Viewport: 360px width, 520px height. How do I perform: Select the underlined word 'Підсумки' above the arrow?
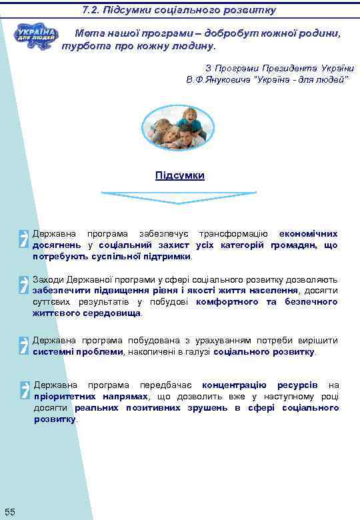click(x=179, y=175)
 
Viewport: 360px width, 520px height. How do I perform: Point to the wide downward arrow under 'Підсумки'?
click(x=178, y=198)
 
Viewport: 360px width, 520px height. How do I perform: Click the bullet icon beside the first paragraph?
click(x=24, y=238)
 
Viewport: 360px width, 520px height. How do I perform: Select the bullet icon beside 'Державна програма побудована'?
click(x=24, y=345)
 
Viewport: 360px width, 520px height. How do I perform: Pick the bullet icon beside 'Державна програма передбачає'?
click(x=24, y=390)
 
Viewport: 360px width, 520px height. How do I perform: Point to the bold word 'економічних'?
click(x=308, y=234)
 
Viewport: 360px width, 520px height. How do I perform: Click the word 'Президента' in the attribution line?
click(x=283, y=68)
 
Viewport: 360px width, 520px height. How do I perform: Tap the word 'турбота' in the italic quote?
click(x=83, y=47)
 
